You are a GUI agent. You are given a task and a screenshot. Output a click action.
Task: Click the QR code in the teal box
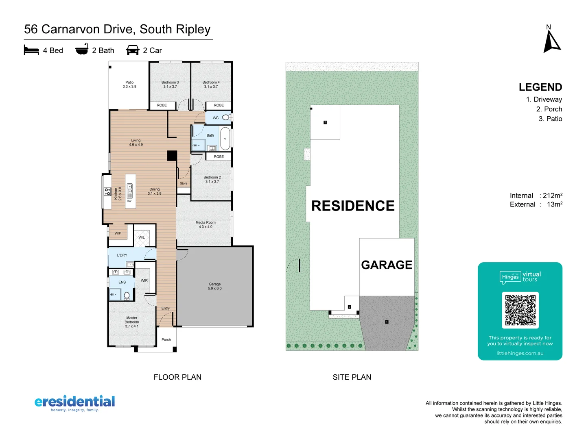[520, 310]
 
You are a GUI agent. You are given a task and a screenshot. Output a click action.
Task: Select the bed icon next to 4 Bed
[31, 50]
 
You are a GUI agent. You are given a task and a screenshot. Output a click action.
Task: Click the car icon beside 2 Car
[133, 50]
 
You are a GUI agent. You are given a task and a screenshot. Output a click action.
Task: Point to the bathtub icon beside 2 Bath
[82, 50]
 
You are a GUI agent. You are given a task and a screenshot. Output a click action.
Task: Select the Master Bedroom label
[131, 322]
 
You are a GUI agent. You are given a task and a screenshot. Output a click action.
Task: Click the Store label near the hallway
[184, 183]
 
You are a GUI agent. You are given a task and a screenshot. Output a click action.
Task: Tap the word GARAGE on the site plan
[387, 265]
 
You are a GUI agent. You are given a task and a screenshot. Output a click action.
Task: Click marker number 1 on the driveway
[387, 322]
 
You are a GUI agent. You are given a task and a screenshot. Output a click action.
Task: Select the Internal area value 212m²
[552, 196]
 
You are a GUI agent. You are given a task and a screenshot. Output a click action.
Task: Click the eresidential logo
[75, 402]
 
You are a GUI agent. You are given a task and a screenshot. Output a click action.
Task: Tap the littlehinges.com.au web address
[520, 353]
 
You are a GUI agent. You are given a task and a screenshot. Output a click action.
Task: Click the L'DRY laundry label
[122, 255]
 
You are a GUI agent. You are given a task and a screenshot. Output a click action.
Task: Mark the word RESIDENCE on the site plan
[353, 206]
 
